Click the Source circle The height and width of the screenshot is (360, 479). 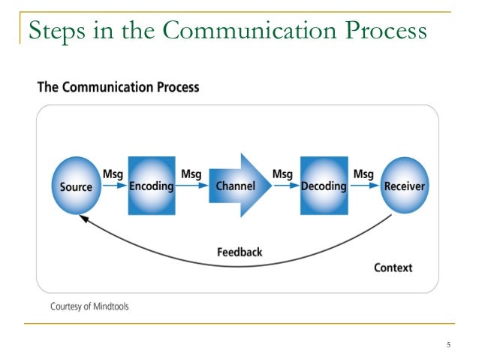tap(76, 186)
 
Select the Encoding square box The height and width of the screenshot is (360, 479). tap(151, 186)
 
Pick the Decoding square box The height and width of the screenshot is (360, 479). tap(324, 186)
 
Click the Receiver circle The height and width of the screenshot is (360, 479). tap(404, 186)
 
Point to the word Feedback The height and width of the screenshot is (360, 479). tap(239, 253)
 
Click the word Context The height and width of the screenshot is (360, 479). tap(393, 268)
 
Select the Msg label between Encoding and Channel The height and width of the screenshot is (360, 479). tap(191, 174)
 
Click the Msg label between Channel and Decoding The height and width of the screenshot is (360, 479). tap(282, 174)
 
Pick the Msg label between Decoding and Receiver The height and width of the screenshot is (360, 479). tap(363, 174)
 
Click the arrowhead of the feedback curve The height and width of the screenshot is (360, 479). tap(85, 219)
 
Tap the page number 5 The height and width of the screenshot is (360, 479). tap(448, 345)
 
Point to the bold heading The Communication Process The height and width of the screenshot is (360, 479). tap(119, 87)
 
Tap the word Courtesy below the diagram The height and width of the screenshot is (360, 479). tap(66, 306)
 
